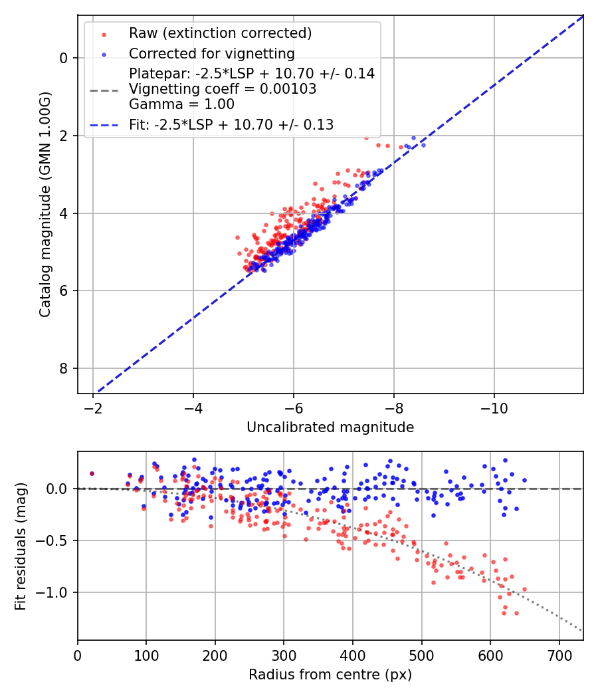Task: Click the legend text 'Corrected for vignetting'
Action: click(211, 54)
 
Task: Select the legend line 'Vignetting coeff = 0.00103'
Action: click(223, 89)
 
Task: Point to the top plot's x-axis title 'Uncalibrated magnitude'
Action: click(330, 427)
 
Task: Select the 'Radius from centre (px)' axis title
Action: click(330, 675)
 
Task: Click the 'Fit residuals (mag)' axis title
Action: click(21, 546)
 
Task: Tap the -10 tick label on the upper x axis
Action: click(494, 406)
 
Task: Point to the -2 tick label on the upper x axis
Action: click(93, 406)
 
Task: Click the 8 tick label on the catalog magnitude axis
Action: click(64, 369)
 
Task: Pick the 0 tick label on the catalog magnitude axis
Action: click(64, 58)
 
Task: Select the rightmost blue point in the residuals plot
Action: click(524, 480)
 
